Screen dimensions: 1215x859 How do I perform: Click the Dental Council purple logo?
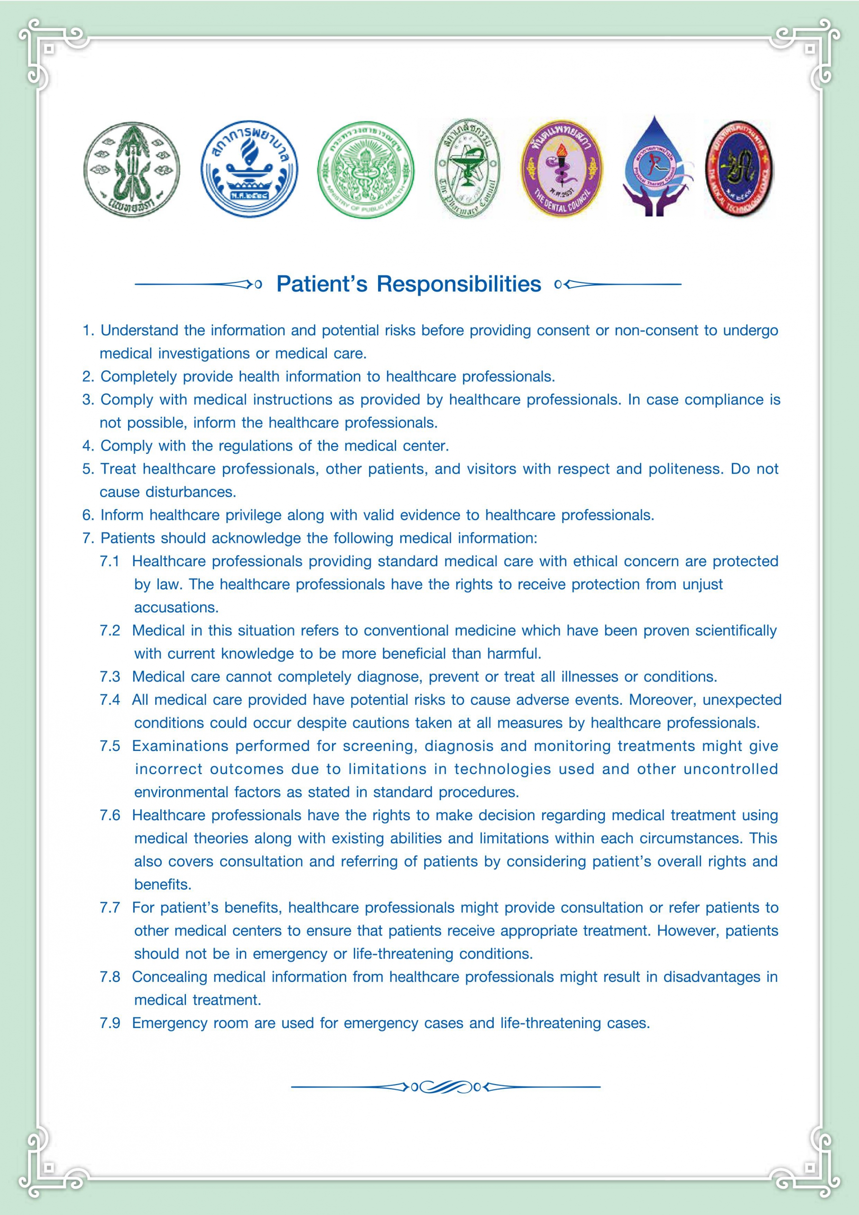click(x=561, y=169)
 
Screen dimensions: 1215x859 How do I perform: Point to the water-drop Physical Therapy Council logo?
click(x=654, y=167)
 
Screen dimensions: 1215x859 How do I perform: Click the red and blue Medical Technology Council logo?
click(x=739, y=169)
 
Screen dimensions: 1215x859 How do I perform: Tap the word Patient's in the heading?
click(x=322, y=284)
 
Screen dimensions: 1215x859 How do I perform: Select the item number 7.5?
click(x=110, y=746)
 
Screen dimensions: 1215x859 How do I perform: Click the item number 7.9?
click(x=110, y=1023)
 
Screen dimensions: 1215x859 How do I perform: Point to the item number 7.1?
click(x=110, y=561)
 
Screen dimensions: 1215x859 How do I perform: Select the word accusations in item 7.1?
click(x=176, y=607)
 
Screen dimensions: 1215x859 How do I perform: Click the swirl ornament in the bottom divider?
click(x=445, y=1087)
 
